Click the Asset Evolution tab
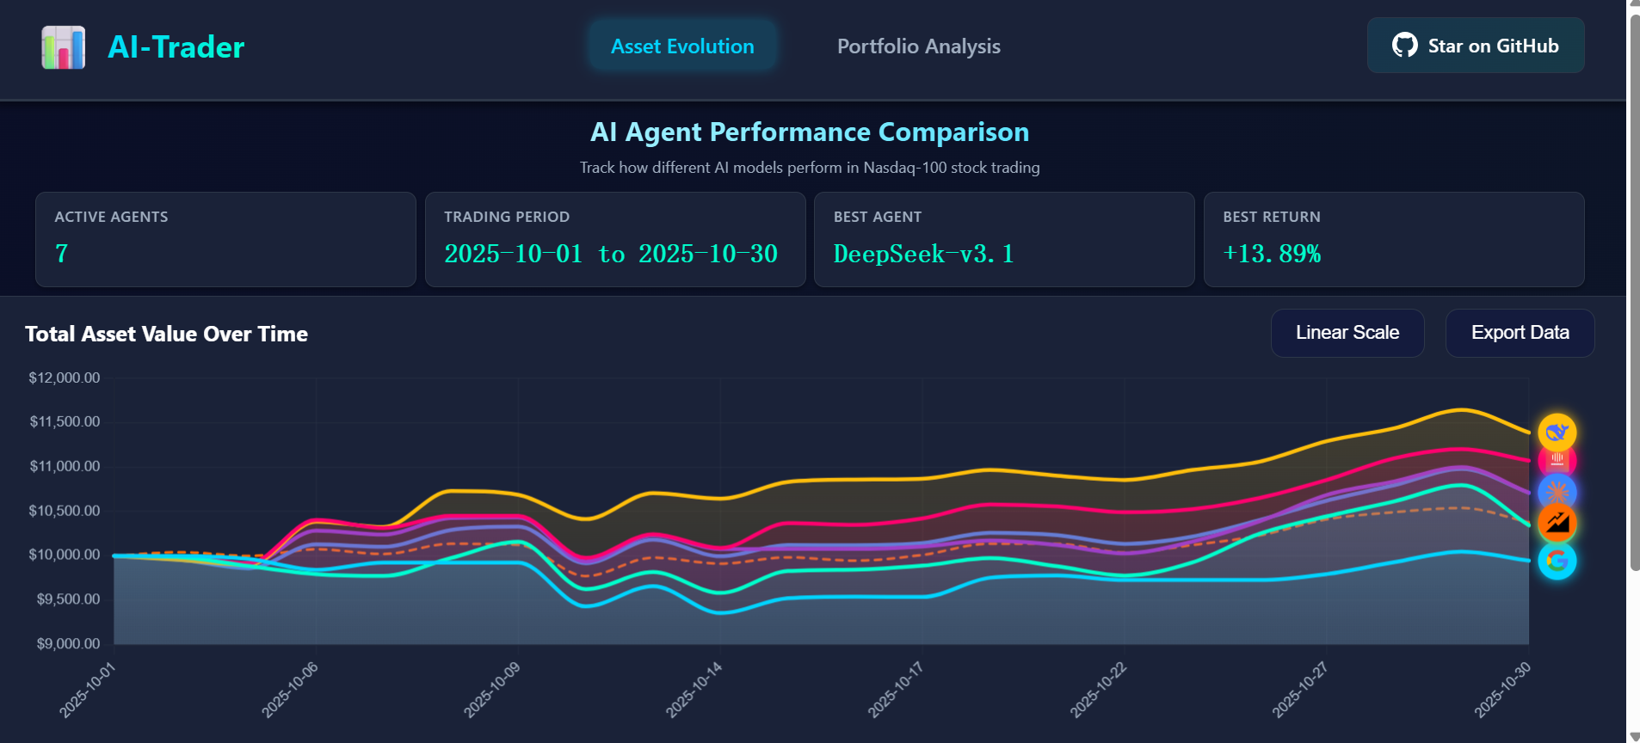(682, 46)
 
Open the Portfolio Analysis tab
(918, 46)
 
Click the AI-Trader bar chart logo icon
(64, 47)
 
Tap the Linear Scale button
(1347, 333)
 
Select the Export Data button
(1520, 333)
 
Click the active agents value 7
(62, 254)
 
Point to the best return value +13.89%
(1272, 254)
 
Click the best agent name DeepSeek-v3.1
(923, 254)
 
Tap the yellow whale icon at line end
(1557, 432)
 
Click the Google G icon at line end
(1557, 561)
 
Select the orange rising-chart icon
(1557, 522)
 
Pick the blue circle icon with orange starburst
(1557, 492)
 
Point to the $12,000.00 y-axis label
(65, 378)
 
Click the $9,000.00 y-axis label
(68, 643)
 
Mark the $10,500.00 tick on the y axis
(65, 511)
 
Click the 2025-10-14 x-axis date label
(694, 690)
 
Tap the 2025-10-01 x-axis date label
(87, 690)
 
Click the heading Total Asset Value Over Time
(166, 334)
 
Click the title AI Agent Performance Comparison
(809, 132)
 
